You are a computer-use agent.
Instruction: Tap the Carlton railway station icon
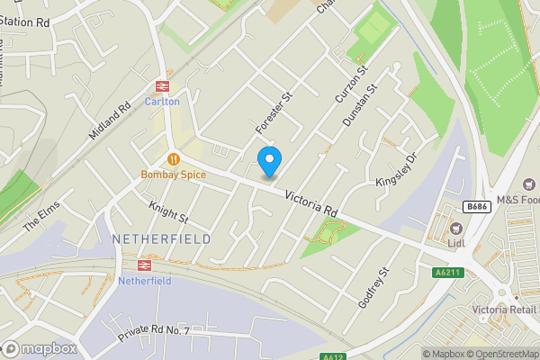[x=163, y=86]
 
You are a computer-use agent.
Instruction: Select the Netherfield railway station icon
[x=144, y=265]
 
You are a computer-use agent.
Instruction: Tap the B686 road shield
[x=476, y=207]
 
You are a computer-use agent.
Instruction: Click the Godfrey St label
[x=373, y=288]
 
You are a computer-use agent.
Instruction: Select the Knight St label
[x=168, y=212]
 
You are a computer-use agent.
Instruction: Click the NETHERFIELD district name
[x=162, y=238]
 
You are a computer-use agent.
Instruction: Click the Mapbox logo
[x=38, y=349]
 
